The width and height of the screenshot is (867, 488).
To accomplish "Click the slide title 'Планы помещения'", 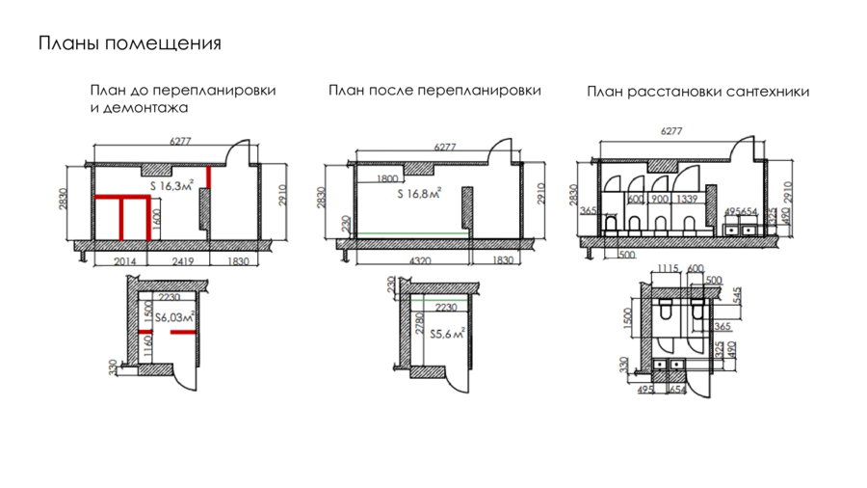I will coord(129,44).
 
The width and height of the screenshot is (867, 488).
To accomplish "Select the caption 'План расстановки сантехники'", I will coord(697,92).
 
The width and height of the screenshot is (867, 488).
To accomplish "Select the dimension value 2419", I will coord(187,260).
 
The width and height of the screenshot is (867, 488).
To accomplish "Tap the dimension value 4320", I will coord(416,260).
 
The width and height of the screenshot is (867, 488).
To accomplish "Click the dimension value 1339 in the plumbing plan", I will coord(687,199).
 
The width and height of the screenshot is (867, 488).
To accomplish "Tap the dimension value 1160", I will coord(146,345).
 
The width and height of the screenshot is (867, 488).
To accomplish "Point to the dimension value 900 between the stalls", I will coord(658,199).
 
